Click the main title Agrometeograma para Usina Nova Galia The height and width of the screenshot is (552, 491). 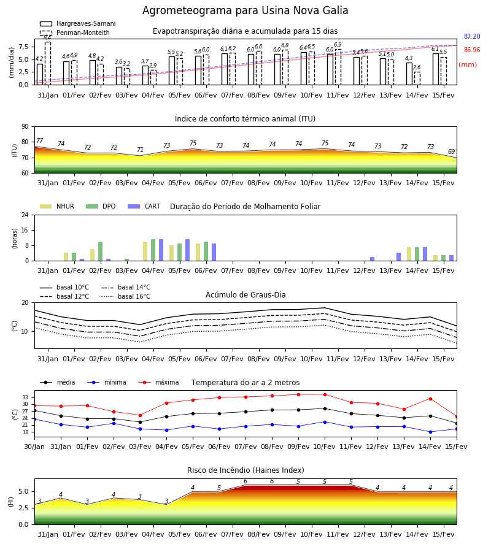tap(245, 10)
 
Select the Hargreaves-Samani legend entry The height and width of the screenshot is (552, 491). tap(78, 23)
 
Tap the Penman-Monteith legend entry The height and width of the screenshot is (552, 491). tap(75, 33)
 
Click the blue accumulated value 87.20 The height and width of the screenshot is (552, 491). tap(472, 36)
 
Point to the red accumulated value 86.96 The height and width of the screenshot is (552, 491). tap(472, 50)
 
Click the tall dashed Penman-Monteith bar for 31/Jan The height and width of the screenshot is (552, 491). tap(48, 63)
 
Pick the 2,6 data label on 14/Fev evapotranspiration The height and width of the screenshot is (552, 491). tap(417, 67)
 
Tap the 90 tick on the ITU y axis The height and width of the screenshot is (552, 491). tap(25, 127)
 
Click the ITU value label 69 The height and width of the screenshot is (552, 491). tap(451, 151)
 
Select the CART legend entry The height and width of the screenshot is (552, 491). tap(144, 206)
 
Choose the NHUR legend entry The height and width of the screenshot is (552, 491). tap(57, 206)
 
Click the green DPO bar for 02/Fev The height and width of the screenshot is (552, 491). tap(101, 251)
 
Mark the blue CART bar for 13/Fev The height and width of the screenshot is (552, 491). tap(398, 257)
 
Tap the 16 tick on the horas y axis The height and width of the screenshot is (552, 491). tap(25, 230)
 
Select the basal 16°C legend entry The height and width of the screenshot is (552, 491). tap(126, 296)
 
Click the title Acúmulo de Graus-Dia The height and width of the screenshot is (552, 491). tap(245, 295)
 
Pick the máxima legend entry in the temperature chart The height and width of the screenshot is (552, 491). tap(158, 382)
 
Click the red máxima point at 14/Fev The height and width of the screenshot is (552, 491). tap(430, 399)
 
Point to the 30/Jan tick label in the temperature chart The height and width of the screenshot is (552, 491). tap(34, 447)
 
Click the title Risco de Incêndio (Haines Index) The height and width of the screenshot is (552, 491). tap(245, 470)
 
